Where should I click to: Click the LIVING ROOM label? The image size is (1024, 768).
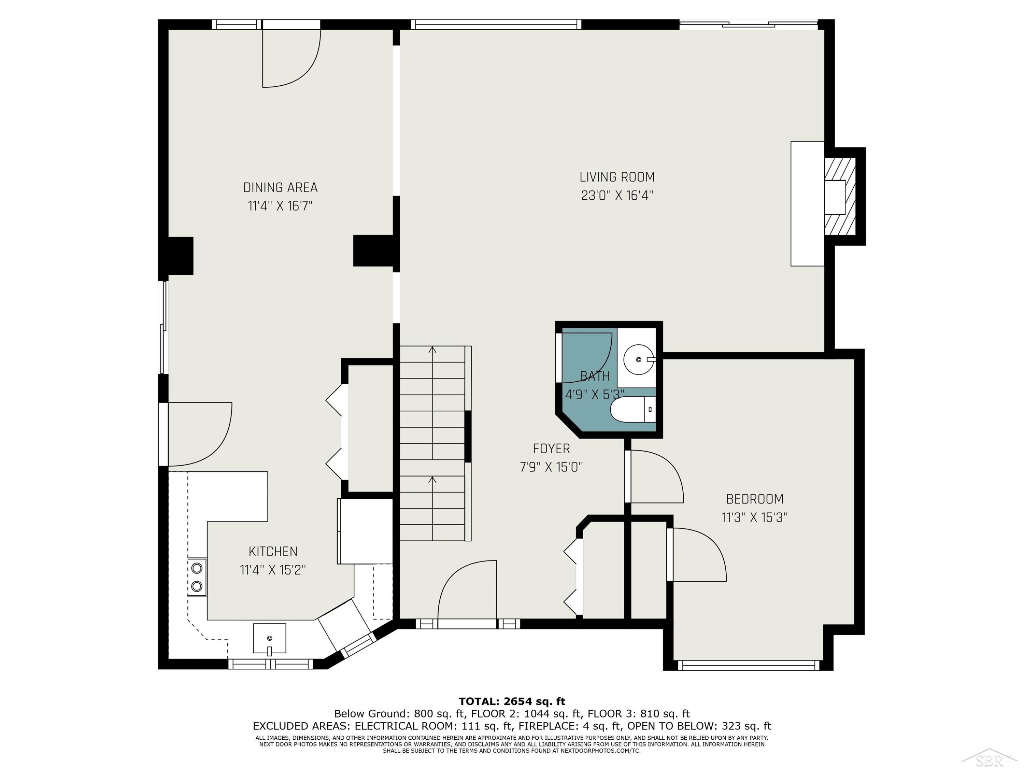point(617,177)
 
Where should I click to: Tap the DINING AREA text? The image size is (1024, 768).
point(281,187)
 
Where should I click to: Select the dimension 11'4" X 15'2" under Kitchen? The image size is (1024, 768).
point(273,569)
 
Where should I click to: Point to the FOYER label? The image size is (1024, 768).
point(551,449)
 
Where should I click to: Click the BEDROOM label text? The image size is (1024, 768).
point(755,499)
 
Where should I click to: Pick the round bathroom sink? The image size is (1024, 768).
point(639,359)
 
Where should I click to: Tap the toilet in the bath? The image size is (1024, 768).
point(633,410)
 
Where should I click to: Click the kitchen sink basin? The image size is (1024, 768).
point(269,639)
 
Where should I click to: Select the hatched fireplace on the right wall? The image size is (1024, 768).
point(840,197)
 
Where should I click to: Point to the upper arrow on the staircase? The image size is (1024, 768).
point(432,403)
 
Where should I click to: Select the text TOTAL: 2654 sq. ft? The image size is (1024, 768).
point(512,701)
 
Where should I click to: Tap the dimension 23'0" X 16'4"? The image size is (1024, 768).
point(617,195)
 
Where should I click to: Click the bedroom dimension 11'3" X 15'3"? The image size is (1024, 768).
point(755,517)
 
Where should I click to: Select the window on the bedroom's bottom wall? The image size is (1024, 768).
point(749,665)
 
